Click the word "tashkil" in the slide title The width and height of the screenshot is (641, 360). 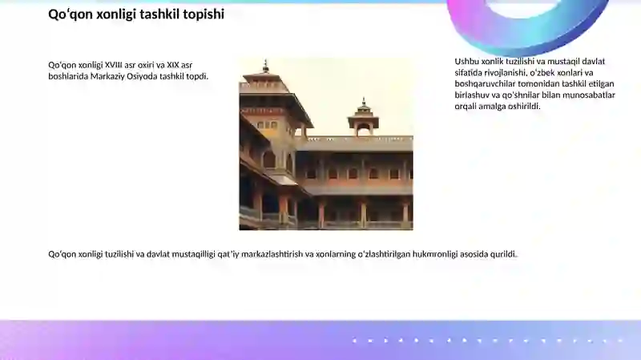pos(159,14)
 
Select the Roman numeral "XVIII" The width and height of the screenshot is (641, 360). pos(113,65)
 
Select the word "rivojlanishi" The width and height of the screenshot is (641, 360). pos(506,73)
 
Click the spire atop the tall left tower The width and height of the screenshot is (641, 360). pos(266,66)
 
